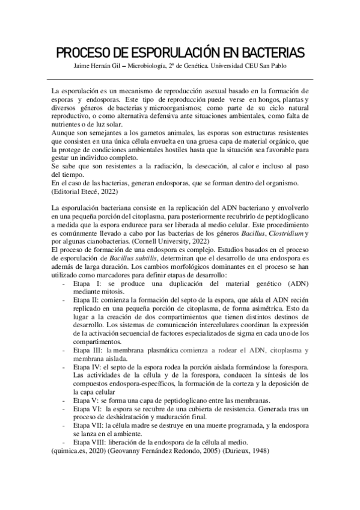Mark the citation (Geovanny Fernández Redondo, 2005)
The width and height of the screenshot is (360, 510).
click(160, 450)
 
